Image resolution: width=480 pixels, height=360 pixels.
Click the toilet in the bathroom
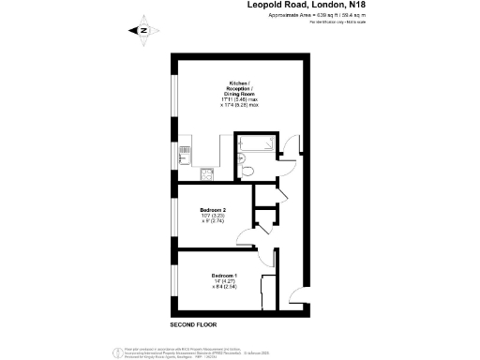(x=244, y=171)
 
